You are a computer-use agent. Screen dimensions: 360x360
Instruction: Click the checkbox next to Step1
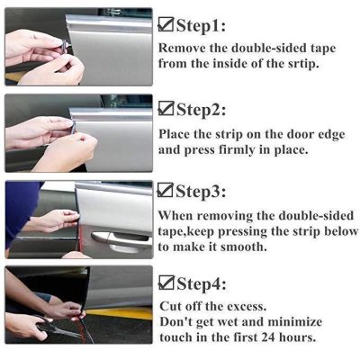[x=166, y=24]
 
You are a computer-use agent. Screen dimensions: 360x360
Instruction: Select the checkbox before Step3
[x=166, y=191]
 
